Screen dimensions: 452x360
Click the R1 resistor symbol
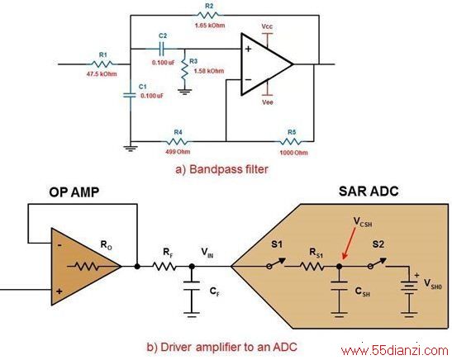coord(102,64)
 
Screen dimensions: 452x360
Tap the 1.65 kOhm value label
coord(210,26)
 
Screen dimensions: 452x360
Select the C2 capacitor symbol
coord(162,49)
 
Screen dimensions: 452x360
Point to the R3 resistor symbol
coord(184,70)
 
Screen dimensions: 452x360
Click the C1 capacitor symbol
coord(130,95)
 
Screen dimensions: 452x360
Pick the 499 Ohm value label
coord(178,151)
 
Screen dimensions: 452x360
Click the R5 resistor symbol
coord(291,141)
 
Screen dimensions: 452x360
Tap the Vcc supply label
coord(267,26)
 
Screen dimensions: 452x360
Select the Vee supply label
coord(268,102)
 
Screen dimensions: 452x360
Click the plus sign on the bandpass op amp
coord(248,49)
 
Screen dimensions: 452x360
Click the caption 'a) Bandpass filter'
coord(221,169)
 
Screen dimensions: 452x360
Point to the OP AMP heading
coord(74,192)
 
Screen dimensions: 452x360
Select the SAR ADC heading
coord(369,192)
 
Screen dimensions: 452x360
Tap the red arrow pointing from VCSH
coord(348,244)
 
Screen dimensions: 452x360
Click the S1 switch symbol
coord(277,263)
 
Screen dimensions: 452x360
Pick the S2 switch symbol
coord(378,263)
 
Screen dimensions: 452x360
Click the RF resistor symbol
coord(164,267)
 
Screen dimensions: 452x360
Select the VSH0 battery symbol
coord(409,290)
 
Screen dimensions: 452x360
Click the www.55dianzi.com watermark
coord(395,351)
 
